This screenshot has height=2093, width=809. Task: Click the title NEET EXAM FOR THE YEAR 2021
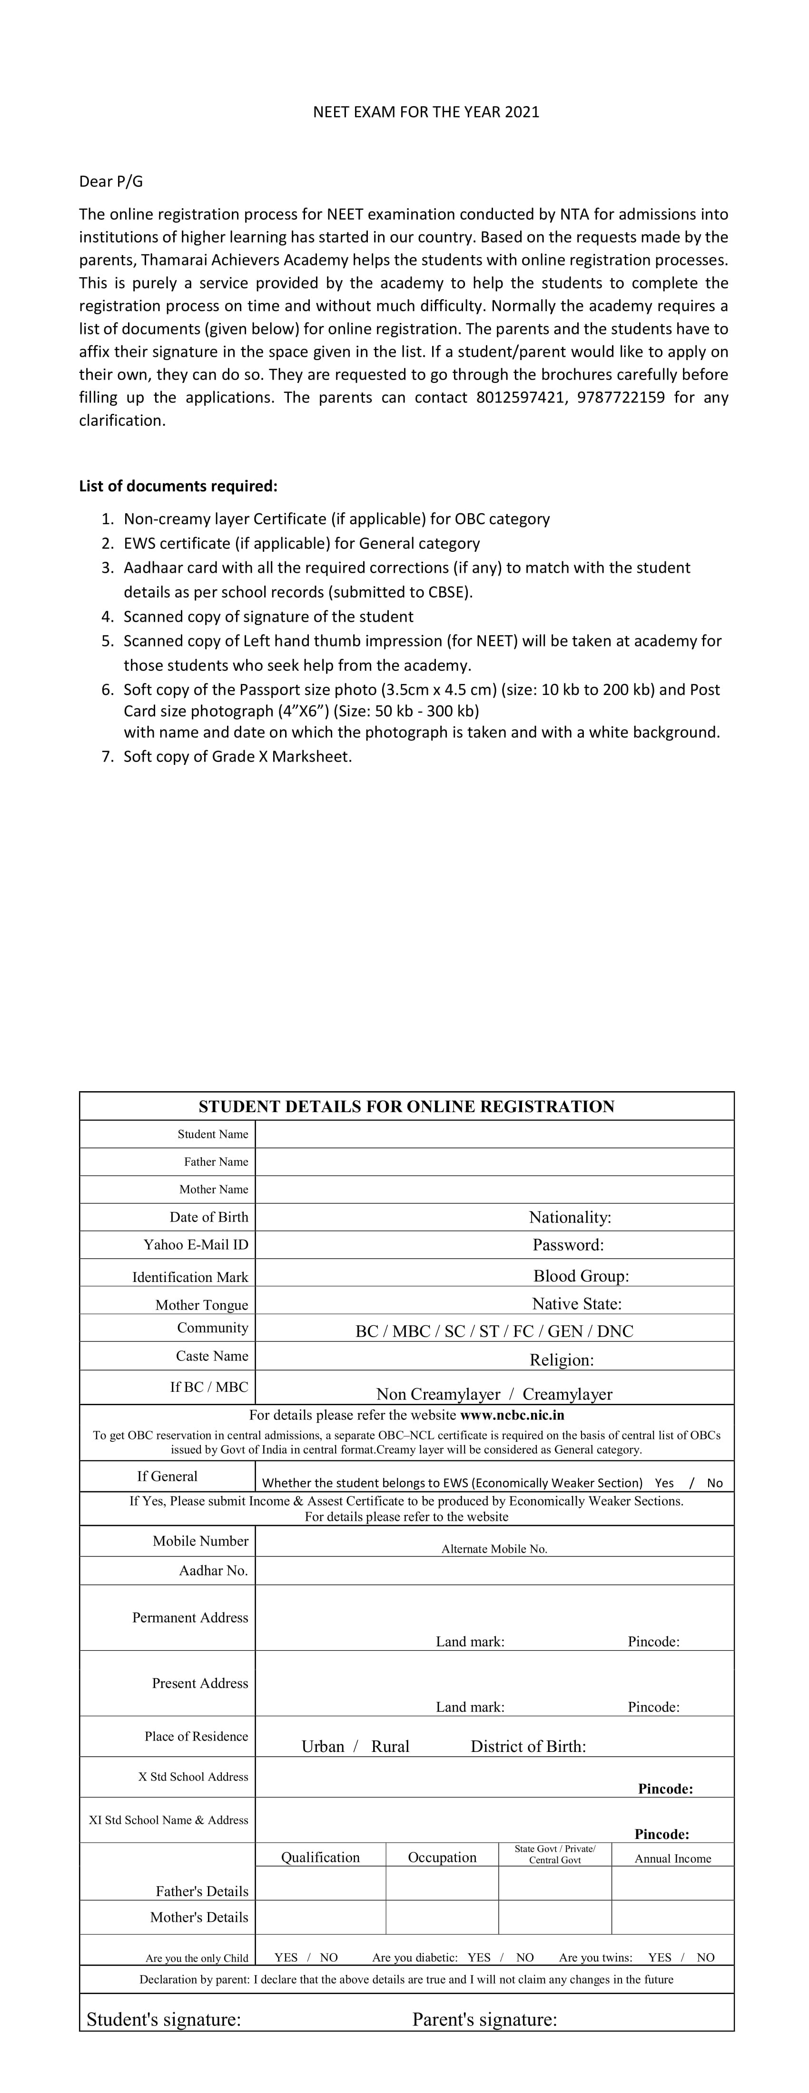tap(426, 112)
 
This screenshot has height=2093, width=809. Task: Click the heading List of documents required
tap(178, 486)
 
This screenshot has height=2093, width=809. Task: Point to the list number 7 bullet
tap(108, 756)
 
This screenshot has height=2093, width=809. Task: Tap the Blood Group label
tap(581, 1276)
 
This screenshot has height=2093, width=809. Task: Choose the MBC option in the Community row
tap(412, 1331)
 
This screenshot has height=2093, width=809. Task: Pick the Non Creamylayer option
tap(438, 1394)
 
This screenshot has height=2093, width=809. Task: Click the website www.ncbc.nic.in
tap(512, 1415)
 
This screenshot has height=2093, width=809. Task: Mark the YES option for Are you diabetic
tap(479, 1957)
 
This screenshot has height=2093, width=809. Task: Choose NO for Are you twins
tap(705, 1957)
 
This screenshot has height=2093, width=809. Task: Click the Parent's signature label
tap(484, 2020)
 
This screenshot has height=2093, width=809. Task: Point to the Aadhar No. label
tap(213, 1571)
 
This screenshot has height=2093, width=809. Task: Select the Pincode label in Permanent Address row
tap(653, 1641)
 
